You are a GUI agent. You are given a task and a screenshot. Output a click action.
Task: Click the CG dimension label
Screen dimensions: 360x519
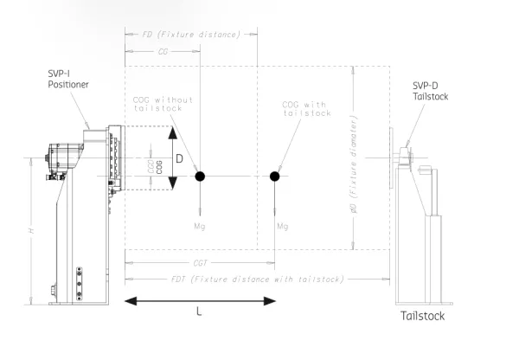(x=162, y=53)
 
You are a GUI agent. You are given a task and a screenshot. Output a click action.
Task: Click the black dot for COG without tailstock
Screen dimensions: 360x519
(x=200, y=177)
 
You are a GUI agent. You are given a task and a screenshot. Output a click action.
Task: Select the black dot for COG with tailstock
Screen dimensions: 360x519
(x=274, y=177)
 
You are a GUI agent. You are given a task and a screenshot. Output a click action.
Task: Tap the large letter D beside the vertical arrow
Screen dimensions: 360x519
(x=180, y=159)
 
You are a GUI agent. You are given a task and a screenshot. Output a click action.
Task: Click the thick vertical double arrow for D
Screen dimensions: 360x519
(x=172, y=158)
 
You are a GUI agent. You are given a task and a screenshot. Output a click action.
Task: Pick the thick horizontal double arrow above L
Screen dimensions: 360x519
(x=201, y=301)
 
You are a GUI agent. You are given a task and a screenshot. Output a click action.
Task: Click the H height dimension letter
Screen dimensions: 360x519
(x=32, y=231)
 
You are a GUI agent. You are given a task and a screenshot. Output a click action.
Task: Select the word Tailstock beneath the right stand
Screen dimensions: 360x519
(x=422, y=316)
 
